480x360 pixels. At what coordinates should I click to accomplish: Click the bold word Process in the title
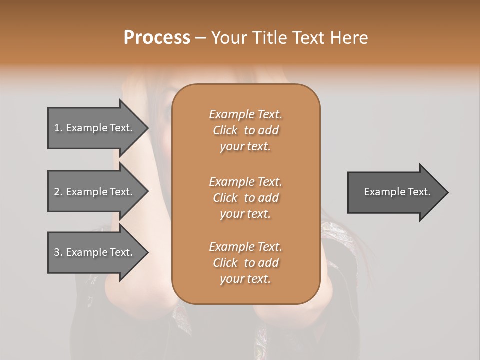point(157,38)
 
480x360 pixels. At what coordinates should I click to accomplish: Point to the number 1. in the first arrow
point(58,128)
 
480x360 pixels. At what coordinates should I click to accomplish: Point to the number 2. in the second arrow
point(58,192)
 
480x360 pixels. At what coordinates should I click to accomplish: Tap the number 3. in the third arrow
point(58,252)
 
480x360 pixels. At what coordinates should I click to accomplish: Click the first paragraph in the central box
point(245,130)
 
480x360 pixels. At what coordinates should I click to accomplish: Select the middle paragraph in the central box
point(245,198)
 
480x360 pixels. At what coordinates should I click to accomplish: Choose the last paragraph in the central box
point(245,263)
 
